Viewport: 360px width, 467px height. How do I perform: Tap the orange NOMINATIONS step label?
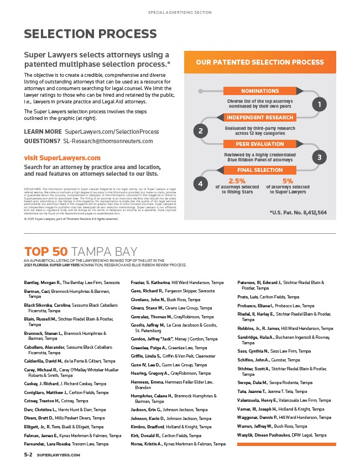260,91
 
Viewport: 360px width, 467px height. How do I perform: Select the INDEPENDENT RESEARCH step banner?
260,118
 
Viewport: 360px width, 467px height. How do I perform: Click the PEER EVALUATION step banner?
260,144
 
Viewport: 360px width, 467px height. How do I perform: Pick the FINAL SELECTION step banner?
260,170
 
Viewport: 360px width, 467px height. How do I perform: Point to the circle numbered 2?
201,131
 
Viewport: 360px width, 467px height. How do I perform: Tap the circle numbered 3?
319,158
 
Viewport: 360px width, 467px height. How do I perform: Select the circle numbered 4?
201,183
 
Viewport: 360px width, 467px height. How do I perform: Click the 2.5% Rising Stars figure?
237,181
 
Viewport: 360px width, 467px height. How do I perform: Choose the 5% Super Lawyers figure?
288,181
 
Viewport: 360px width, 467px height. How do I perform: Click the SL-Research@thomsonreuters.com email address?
111,141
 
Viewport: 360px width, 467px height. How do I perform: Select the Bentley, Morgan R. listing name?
42,282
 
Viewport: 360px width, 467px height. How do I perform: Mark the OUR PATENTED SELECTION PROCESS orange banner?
260,62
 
